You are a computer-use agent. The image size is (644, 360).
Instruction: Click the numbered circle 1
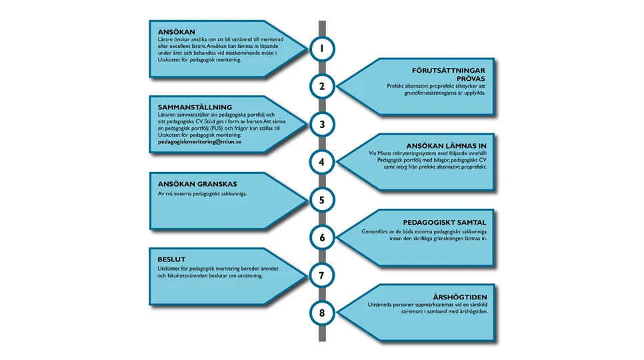[322, 49]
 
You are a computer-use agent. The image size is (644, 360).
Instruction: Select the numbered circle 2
[322, 86]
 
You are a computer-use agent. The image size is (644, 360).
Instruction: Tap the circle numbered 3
[322, 124]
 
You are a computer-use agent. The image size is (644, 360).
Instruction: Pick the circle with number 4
[322, 162]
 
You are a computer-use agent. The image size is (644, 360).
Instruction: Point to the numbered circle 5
[322, 199]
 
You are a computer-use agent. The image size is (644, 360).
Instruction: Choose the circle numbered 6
[322, 237]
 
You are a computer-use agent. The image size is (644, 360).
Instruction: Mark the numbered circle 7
[322, 275]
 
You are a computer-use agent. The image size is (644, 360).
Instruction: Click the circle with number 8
[322, 313]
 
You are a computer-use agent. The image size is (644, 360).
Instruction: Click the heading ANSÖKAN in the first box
[177, 31]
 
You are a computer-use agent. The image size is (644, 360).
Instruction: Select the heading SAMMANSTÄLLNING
[195, 107]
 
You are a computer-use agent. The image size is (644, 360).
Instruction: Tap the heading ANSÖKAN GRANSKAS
[197, 184]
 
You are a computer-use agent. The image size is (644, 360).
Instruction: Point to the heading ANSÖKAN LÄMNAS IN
[447, 145]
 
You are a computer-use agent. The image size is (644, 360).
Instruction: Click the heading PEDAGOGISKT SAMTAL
[445, 222]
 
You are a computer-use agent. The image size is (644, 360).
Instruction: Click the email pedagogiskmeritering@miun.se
[200, 142]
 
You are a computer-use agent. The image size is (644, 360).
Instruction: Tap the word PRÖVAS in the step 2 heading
[471, 78]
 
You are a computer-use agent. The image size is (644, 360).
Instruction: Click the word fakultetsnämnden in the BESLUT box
[193, 275]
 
